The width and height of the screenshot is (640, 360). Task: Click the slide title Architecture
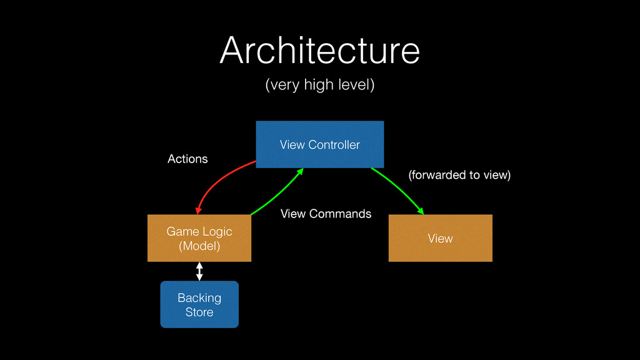pos(319,50)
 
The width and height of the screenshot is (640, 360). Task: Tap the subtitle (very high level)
pos(319,85)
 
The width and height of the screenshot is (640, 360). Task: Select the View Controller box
pos(319,144)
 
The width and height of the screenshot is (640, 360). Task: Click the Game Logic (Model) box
pos(199,238)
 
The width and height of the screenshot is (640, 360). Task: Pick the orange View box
pos(441,238)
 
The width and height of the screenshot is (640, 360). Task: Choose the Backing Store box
pos(199,304)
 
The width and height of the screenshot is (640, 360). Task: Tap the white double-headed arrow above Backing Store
pos(199,271)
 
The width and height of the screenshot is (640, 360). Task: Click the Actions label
pos(187,159)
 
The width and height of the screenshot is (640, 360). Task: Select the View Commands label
pos(326,214)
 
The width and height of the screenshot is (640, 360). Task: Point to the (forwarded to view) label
pos(459,175)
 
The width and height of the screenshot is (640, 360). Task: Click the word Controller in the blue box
pos(334,145)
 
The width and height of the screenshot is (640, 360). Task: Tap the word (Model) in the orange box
pos(199,246)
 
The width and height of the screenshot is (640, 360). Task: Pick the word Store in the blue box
pos(199,312)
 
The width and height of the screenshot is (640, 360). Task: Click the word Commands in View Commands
pos(340,214)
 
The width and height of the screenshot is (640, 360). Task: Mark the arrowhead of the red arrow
pos(198,210)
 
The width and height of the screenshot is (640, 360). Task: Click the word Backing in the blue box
pos(199,298)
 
